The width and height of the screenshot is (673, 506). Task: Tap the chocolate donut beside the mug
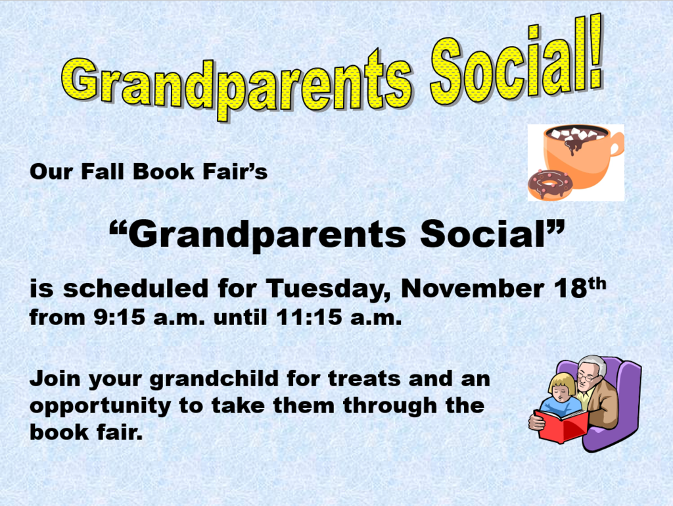point(550,184)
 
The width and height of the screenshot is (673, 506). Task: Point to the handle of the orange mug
point(616,147)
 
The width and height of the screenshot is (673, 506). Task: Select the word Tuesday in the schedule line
point(329,288)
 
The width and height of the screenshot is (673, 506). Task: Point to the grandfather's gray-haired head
point(591,370)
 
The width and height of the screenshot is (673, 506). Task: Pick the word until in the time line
point(240,318)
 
